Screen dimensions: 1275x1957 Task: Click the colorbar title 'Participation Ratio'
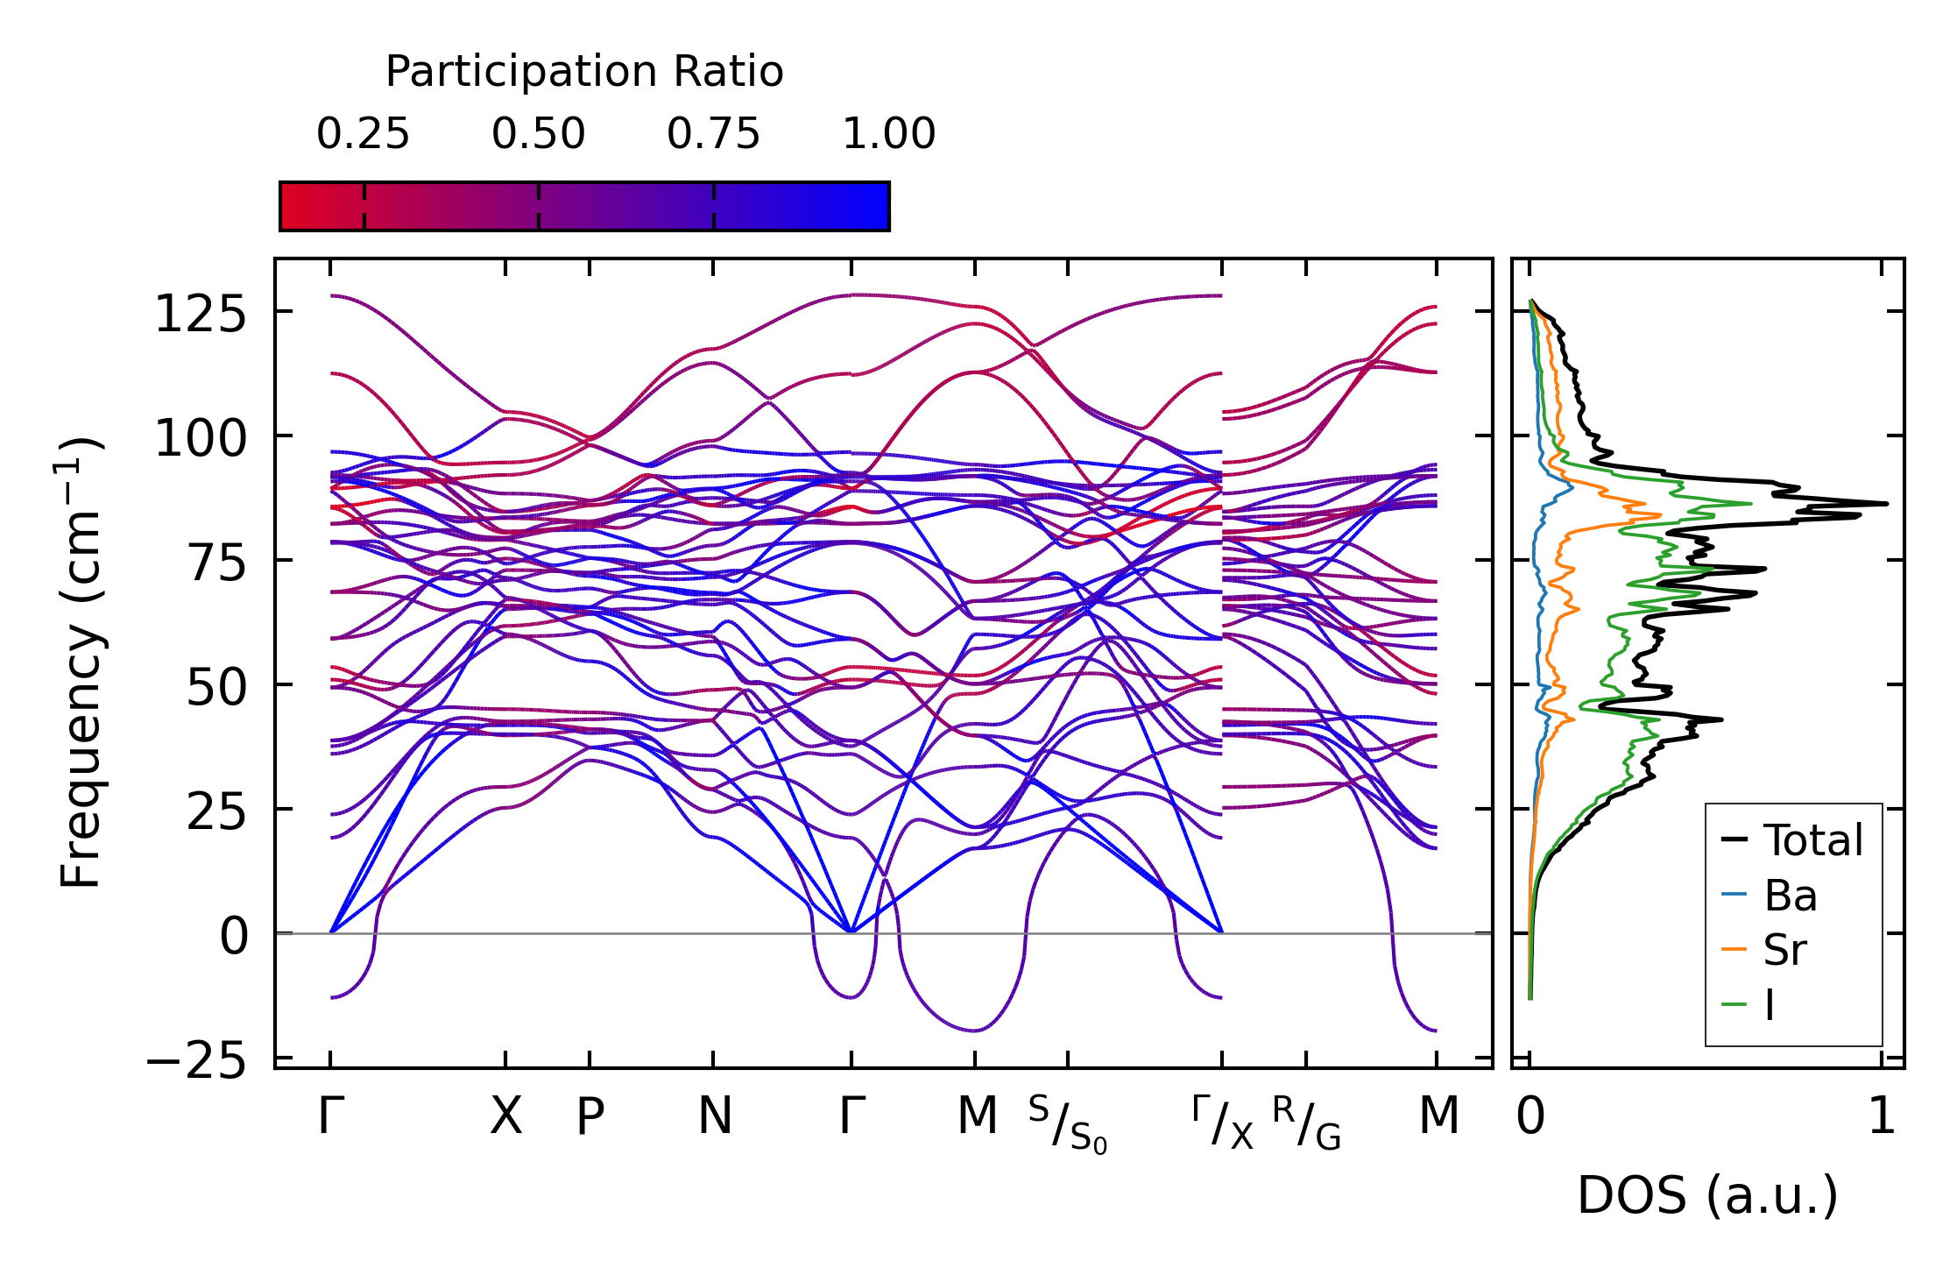[584, 72]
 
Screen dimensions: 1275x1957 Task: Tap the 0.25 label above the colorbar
[363, 135]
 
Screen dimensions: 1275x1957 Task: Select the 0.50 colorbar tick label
[538, 135]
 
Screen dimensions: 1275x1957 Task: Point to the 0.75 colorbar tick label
[713, 135]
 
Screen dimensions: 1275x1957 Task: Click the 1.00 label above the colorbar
[889, 135]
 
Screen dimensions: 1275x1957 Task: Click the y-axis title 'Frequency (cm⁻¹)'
[81, 662]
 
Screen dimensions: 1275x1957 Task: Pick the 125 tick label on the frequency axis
[201, 314]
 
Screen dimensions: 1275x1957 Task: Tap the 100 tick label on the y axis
[201, 438]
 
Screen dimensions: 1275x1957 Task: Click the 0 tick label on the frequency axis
[234, 937]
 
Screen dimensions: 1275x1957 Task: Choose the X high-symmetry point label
[505, 1117]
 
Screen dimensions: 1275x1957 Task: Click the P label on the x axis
[590, 1117]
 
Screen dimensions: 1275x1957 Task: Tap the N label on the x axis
[714, 1117]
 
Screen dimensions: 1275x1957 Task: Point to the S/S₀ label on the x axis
[1067, 1125]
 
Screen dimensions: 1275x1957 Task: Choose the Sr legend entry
[1784, 951]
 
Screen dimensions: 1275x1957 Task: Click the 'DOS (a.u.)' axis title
[1707, 1196]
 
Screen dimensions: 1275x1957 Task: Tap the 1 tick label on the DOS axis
[1882, 1117]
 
